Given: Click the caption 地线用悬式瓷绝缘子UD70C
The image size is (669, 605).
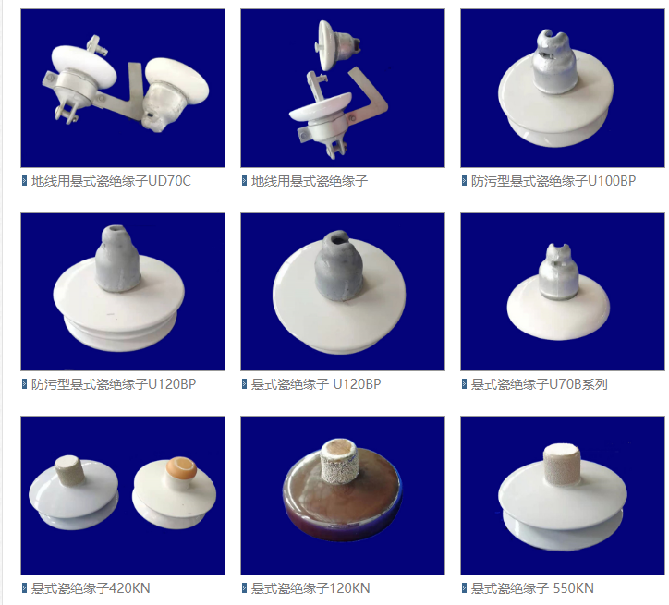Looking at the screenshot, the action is [x=111, y=181].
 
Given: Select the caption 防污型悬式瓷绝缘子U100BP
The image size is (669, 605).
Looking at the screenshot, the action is [x=553, y=181].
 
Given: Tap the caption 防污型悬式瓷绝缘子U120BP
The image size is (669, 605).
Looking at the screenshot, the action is [x=114, y=384].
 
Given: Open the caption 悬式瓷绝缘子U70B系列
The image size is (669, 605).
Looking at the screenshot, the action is [x=540, y=384].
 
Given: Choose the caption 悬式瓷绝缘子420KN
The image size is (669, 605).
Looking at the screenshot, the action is [x=91, y=588].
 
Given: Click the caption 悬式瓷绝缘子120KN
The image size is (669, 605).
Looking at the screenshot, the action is [x=310, y=588].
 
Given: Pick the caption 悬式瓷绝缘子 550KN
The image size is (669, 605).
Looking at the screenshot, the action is [x=532, y=588].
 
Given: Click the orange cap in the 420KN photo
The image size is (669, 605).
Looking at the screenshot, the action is [x=182, y=468].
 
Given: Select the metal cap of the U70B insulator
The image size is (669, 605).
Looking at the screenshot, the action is [x=558, y=271].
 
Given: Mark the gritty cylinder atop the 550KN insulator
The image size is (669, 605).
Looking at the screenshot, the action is [x=562, y=464].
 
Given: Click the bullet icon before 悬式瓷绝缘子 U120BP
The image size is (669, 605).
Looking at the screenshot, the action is [x=245, y=384].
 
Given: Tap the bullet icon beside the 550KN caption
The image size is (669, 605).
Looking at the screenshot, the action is [x=464, y=588].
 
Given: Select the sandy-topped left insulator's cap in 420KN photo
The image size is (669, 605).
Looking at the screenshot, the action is [x=69, y=470].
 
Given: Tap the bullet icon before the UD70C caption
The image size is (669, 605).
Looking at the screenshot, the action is [x=24, y=181].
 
